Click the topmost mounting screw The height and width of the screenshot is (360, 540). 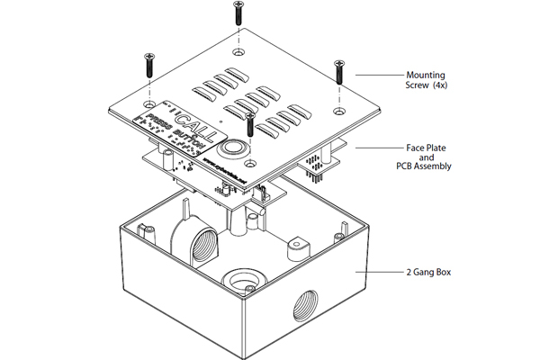238,13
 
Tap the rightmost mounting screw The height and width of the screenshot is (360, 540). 340,72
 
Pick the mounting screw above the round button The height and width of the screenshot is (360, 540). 252,121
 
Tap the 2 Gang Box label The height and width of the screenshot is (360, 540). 425,270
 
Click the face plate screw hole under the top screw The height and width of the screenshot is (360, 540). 238,56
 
